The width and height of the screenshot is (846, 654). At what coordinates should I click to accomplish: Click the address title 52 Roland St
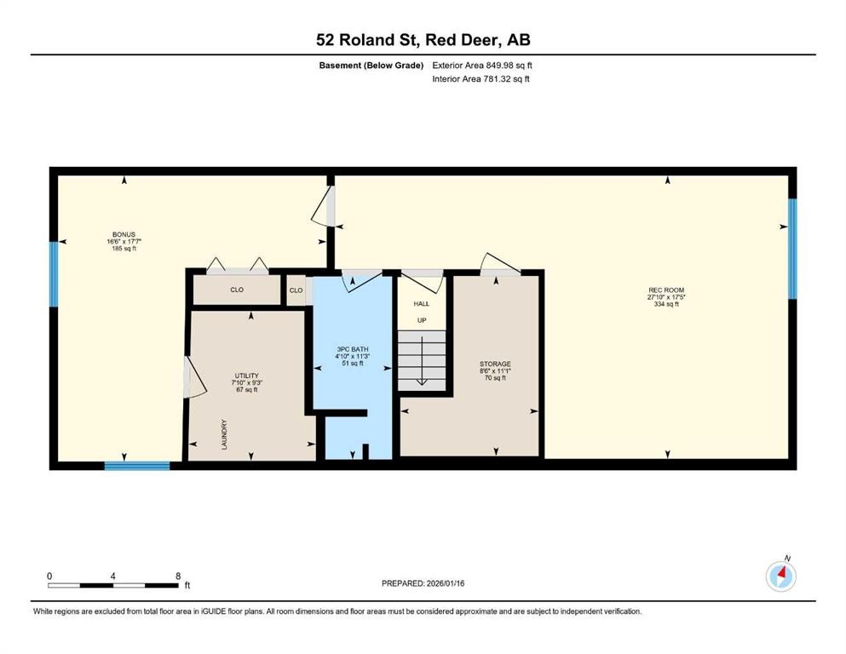coord(423,40)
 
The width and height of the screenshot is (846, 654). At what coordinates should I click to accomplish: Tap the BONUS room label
coord(124,235)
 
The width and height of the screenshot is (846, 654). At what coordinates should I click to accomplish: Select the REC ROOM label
coord(665,291)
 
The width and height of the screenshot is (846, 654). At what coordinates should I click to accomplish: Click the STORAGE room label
coord(494,364)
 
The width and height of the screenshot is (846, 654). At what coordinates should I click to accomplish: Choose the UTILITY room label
coord(246,376)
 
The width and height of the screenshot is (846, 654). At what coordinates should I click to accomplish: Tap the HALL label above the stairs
coord(422,303)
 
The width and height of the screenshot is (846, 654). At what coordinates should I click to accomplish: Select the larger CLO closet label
coord(237,290)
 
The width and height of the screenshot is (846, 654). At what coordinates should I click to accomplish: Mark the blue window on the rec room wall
coord(792,249)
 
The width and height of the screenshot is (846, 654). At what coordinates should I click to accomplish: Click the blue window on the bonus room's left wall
coord(53,273)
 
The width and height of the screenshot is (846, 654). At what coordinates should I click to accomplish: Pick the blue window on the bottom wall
coord(137,465)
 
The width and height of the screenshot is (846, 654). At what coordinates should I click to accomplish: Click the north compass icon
coord(780,577)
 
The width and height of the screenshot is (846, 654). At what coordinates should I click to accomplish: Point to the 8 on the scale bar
coord(176,576)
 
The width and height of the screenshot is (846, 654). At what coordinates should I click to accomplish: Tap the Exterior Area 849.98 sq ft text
coord(482,66)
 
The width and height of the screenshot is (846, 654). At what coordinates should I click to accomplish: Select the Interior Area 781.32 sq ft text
coord(481,79)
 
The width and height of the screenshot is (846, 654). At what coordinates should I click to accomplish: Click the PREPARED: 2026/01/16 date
coord(423,583)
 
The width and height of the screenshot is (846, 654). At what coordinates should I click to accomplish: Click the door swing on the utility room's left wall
coord(194,376)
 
